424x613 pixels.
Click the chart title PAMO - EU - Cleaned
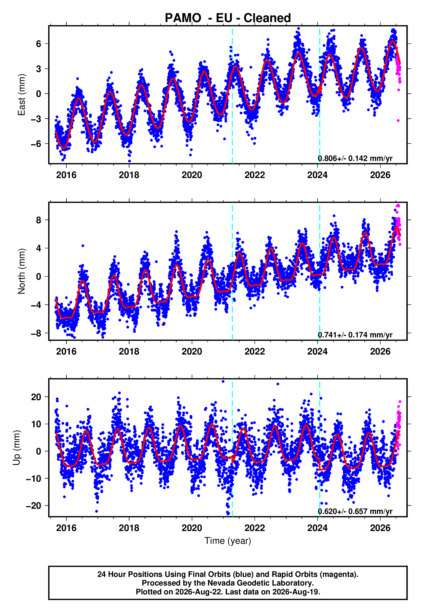(x=228, y=18)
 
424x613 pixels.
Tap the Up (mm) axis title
(x=16, y=448)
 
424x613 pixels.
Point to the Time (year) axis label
(x=228, y=541)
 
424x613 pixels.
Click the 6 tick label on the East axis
(x=39, y=44)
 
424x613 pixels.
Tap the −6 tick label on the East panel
(x=36, y=144)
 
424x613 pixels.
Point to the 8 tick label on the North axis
(x=39, y=220)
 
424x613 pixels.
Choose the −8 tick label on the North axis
(x=36, y=333)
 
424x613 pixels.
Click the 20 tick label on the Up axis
(x=36, y=397)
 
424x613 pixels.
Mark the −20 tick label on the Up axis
(x=33, y=505)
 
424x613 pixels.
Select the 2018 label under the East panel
(x=129, y=175)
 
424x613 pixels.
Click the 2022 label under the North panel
(x=255, y=351)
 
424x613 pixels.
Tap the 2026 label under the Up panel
(x=380, y=528)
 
